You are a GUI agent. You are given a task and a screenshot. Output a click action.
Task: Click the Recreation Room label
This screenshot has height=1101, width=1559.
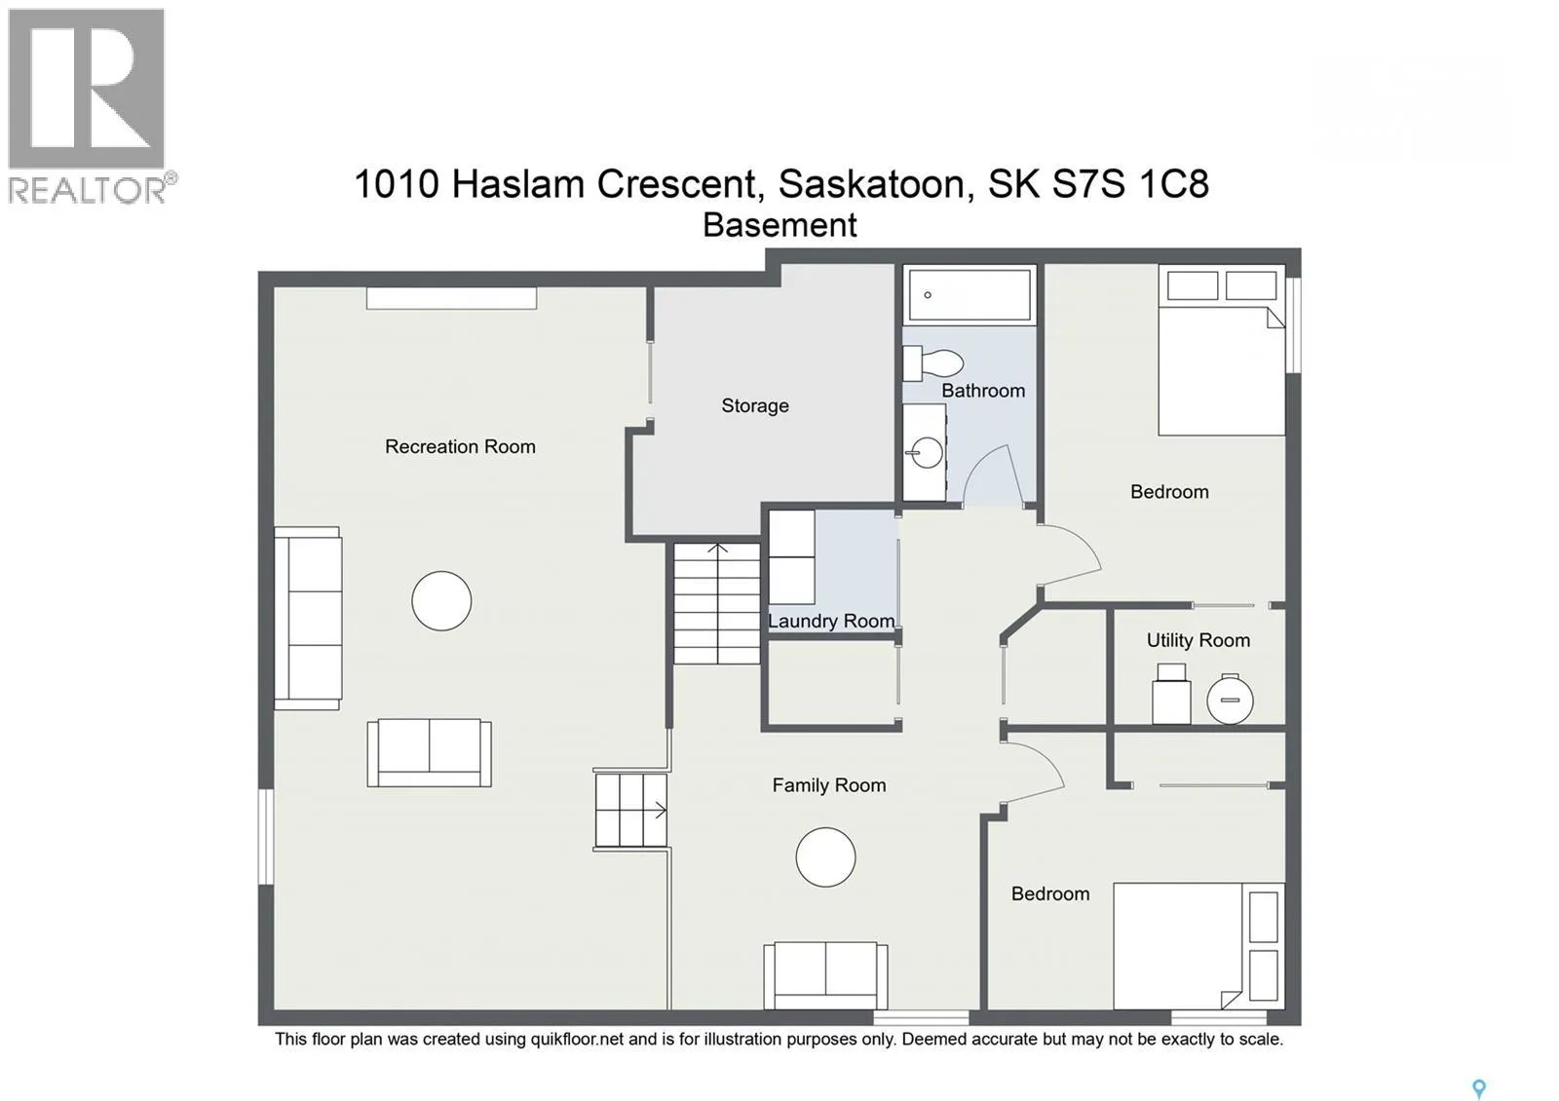460,446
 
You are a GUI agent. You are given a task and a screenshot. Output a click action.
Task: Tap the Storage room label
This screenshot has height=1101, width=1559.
755,405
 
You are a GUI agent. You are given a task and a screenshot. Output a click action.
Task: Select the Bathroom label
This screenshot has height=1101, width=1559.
983,391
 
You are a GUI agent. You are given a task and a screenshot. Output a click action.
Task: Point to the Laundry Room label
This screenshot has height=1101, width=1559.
832,621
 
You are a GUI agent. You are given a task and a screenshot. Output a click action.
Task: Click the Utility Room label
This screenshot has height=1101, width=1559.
1198,640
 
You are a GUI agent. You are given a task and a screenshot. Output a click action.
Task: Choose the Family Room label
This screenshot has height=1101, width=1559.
829,785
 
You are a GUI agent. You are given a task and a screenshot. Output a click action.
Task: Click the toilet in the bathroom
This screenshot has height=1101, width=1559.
932,362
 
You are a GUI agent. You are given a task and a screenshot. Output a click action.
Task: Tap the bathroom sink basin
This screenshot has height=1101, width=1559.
927,453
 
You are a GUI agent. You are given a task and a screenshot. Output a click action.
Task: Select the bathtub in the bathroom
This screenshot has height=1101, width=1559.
970,295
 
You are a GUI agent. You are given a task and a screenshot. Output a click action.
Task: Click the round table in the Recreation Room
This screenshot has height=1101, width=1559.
441,600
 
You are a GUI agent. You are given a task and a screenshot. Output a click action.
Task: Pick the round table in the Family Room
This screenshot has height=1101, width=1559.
825,856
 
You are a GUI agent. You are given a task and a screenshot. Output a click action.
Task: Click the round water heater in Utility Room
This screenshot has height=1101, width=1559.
1230,700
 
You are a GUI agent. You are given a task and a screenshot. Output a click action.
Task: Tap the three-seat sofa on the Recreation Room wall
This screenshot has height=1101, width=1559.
308,618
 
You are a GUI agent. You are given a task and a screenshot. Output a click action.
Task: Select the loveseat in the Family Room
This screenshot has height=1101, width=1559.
825,975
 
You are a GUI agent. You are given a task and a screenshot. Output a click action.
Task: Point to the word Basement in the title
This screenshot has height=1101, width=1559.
779,225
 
